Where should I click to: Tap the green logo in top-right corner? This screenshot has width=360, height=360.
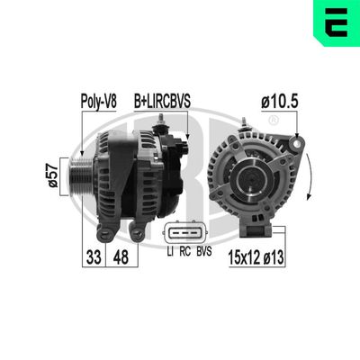[x=339, y=21]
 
